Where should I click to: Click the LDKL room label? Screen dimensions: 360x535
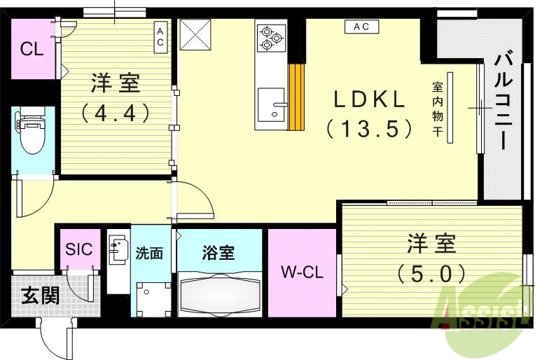click(369, 100)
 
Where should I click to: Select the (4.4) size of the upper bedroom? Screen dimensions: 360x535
click(116, 112)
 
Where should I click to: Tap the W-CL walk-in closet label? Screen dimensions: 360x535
click(302, 273)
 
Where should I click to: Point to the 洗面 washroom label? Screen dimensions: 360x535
click(149, 253)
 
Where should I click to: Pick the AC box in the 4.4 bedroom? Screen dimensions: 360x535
click(160, 37)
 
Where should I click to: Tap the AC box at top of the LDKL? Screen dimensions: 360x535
click(361, 27)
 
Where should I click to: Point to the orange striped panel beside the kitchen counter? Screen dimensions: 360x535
click(297, 96)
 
